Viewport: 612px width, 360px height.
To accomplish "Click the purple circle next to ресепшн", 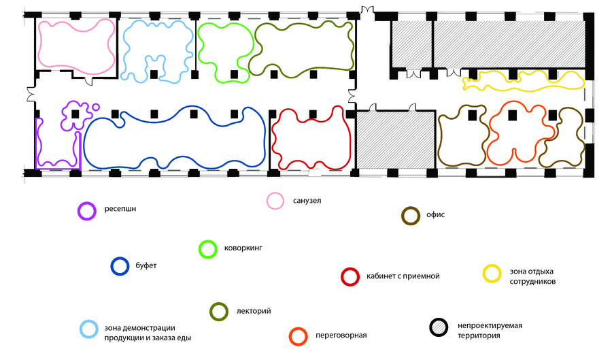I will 86,211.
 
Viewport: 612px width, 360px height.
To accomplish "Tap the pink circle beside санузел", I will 275,201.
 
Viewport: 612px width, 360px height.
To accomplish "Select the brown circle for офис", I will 410,216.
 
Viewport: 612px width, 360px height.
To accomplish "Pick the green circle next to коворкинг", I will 207,249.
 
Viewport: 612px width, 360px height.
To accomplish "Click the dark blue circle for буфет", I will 120,266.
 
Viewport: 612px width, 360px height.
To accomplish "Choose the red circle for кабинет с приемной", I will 350,276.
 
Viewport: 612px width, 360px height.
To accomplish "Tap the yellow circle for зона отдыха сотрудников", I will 492,274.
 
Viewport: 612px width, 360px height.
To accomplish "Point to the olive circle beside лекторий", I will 218,311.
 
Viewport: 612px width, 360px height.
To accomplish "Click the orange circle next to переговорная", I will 297,335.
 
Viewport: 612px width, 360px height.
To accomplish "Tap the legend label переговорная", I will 341,336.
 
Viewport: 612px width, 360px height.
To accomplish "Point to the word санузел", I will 307,201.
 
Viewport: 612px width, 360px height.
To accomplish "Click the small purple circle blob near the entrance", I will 96,108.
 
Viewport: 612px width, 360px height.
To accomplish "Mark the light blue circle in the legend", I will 89,329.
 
